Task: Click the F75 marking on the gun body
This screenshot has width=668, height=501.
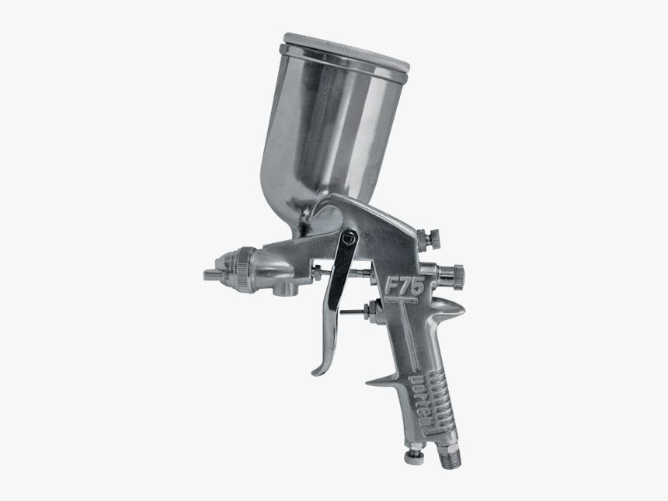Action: click(404, 287)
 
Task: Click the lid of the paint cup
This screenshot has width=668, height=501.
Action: click(342, 47)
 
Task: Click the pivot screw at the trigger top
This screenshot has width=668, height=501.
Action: click(349, 238)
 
